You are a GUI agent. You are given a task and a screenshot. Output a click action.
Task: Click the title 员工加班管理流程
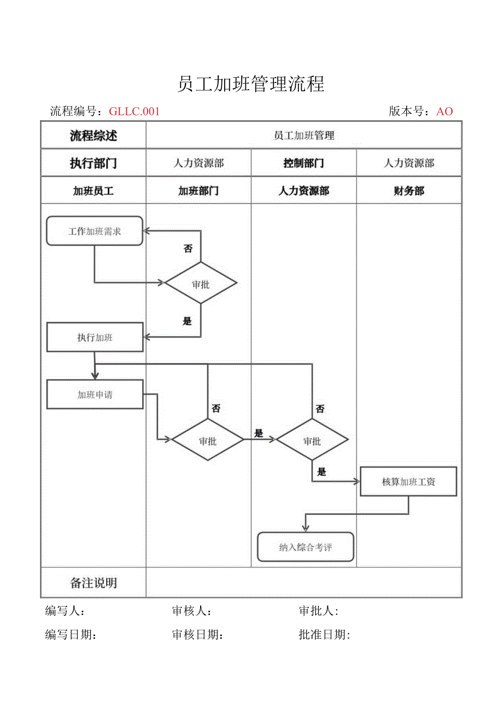point(251,84)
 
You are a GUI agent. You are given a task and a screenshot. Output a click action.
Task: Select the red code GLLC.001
point(134,111)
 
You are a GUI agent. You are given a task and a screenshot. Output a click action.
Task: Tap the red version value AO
point(444,111)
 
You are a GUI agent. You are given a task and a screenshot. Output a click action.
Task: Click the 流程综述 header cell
point(93,136)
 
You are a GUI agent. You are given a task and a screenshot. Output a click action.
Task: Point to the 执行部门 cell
point(93,163)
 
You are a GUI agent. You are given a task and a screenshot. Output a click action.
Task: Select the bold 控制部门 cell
point(303,163)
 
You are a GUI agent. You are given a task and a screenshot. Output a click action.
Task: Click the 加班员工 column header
point(93,191)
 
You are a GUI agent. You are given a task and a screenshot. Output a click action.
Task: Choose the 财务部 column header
point(409,191)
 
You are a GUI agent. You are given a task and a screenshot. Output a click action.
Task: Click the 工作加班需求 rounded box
point(95,231)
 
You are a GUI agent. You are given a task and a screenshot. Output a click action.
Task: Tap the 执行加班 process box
point(95,338)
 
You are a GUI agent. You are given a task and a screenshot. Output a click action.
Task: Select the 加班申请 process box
point(95,395)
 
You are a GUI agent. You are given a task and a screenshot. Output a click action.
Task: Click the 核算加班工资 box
point(408,482)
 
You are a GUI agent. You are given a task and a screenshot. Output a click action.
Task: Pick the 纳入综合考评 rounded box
point(306,547)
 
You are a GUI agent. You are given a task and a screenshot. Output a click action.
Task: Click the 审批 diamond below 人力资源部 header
point(312,440)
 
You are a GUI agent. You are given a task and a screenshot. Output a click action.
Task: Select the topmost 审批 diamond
point(201,284)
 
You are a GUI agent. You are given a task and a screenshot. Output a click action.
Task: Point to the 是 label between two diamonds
point(259,433)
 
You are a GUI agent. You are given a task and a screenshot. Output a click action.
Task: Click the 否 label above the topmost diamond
point(188,249)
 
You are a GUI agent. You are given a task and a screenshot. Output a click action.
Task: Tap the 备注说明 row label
point(93,583)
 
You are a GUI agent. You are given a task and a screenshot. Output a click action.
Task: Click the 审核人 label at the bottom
point(192,611)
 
